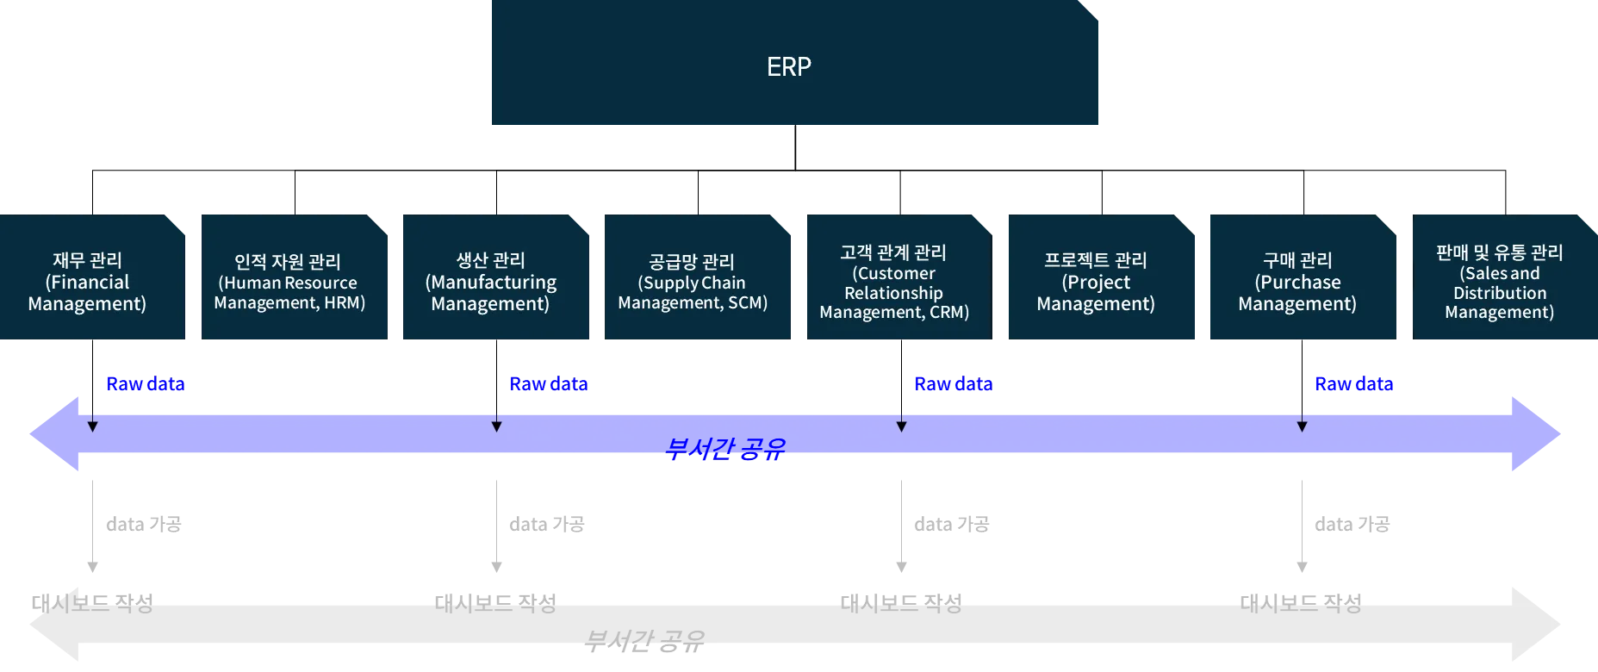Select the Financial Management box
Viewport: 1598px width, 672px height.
pyautogui.click(x=91, y=279)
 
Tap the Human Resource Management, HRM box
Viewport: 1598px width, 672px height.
pyautogui.click(x=293, y=279)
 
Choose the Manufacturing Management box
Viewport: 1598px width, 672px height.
pyautogui.click(x=494, y=279)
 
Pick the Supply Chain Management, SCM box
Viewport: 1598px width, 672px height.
pyautogui.click(x=694, y=279)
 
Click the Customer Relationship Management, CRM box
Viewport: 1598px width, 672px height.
pyautogui.click(x=897, y=279)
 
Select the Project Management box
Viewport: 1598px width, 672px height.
pyautogui.click(x=1098, y=279)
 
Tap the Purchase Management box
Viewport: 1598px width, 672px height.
pyautogui.click(x=1300, y=279)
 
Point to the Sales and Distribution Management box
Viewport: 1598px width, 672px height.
pyautogui.click(x=1502, y=279)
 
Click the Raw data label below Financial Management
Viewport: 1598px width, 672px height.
pyautogui.click(x=145, y=383)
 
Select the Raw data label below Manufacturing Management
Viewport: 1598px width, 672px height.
pyautogui.click(x=550, y=383)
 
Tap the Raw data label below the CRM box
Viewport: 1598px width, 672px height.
pyautogui.click(x=953, y=383)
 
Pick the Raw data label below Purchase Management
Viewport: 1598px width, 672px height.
pyautogui.click(x=1353, y=383)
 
